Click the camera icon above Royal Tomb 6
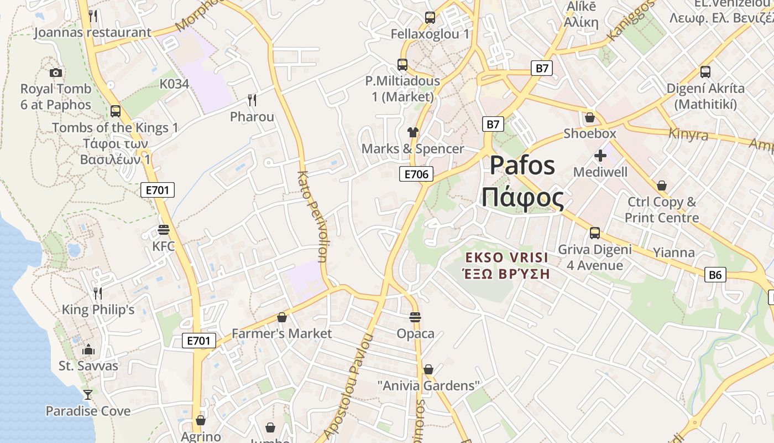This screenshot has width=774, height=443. point(55,73)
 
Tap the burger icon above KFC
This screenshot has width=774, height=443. point(163,229)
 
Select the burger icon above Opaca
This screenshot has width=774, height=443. point(415,317)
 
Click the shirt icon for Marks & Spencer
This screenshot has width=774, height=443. point(413,132)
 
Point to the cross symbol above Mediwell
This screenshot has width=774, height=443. point(600,156)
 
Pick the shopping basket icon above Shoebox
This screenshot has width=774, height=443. point(590,117)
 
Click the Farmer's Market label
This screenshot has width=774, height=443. point(281,333)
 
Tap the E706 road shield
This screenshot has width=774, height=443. point(416,174)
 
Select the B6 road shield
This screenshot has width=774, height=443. point(715,274)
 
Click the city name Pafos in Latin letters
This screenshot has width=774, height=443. point(522,166)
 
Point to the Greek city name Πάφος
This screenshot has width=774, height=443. point(522,198)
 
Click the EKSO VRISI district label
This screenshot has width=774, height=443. point(506,257)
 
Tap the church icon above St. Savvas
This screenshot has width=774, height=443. point(88,349)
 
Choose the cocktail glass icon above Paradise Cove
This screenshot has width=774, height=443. point(88,394)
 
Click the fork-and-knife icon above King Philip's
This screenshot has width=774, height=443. point(98,293)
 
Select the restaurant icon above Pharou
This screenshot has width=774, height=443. point(252,100)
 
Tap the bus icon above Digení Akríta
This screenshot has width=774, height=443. point(705,71)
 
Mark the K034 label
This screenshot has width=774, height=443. point(174,84)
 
